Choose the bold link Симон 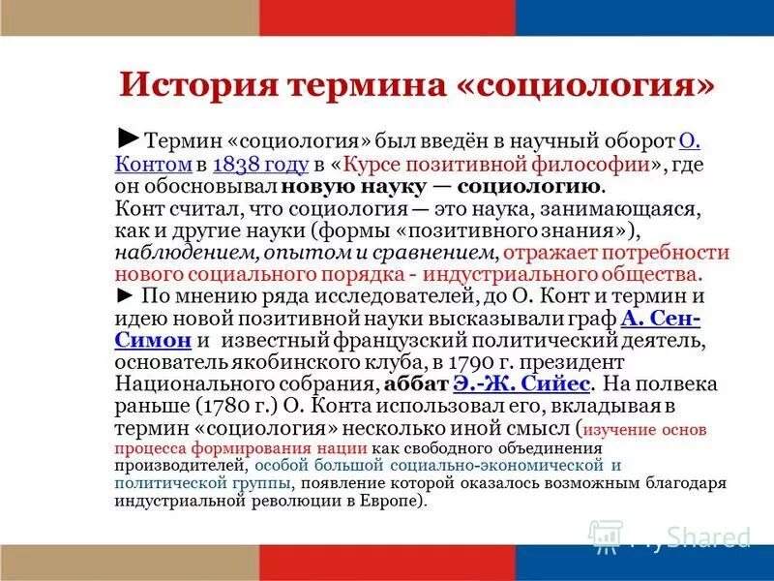(152, 341)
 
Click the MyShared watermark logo (668, 535)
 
